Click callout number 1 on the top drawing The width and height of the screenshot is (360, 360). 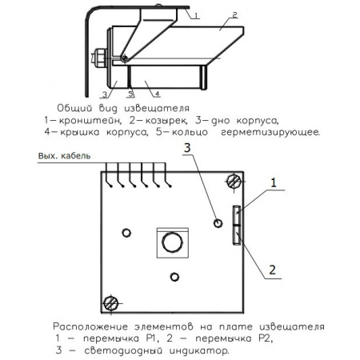coord(196,14)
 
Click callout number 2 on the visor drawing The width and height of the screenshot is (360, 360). coord(234,15)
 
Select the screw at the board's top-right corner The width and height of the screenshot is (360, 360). coord(234,181)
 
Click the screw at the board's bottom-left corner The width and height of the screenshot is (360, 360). coord(111,302)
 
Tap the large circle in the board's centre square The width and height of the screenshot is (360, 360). coord(171,242)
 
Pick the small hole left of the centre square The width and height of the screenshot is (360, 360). coord(126,232)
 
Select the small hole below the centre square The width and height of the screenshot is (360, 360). coord(175,276)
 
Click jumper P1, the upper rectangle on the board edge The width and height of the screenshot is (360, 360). coord(236,215)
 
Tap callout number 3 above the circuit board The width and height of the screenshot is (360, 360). coord(186,147)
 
